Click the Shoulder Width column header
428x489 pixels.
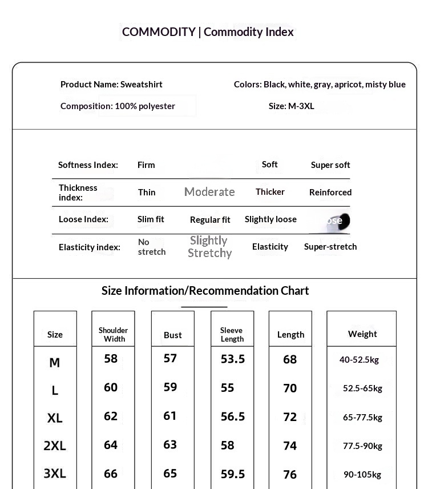click(x=113, y=334)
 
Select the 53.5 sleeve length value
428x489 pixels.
click(x=233, y=359)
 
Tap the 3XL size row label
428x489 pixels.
click(x=55, y=473)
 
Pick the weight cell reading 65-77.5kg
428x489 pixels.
click(x=362, y=417)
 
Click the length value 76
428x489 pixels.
click(x=290, y=474)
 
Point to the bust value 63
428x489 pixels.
click(x=170, y=444)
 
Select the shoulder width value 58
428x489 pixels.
click(x=111, y=359)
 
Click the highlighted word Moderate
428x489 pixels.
click(x=209, y=192)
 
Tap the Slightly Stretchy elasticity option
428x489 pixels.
click(x=209, y=247)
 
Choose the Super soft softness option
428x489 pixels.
click(x=330, y=165)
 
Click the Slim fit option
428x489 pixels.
click(x=151, y=219)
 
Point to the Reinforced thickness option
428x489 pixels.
click(x=330, y=193)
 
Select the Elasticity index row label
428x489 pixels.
click(x=90, y=247)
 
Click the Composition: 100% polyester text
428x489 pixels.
click(x=118, y=106)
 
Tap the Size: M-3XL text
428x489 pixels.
click(x=291, y=106)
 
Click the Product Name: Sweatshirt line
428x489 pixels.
click(x=111, y=85)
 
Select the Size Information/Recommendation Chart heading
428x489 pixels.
click(x=205, y=291)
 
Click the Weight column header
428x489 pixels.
click(x=362, y=334)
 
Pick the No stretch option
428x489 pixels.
click(x=152, y=247)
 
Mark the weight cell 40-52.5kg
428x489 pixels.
click(x=359, y=360)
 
